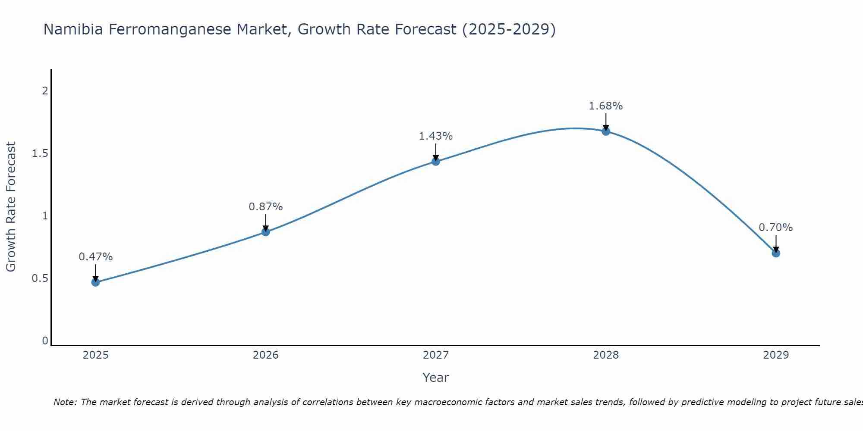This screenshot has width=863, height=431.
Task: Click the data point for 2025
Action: point(95,282)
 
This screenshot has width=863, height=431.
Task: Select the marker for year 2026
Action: point(266,232)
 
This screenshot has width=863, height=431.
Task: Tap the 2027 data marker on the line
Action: point(436,162)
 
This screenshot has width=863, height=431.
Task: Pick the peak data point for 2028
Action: point(606,131)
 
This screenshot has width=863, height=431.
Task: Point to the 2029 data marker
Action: point(776,253)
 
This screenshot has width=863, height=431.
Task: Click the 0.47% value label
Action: point(95,257)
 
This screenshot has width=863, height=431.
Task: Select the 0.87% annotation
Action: point(266,207)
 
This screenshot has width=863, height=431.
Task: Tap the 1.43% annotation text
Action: point(436,136)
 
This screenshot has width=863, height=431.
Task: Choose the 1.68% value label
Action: point(606,106)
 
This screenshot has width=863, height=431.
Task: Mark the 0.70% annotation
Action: point(776,228)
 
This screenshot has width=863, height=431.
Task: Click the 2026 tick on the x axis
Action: point(266,355)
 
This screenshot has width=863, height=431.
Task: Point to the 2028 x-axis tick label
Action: point(606,355)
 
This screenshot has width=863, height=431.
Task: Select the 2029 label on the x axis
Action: point(776,355)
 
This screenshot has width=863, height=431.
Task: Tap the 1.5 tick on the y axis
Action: point(40,153)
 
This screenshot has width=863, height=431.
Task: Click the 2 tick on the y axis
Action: point(45,91)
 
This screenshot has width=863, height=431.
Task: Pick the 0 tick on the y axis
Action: point(45,341)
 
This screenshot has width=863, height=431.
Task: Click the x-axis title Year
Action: point(436,378)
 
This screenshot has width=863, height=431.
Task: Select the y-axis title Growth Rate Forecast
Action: point(11,207)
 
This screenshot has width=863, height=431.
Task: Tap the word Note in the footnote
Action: point(64,402)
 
